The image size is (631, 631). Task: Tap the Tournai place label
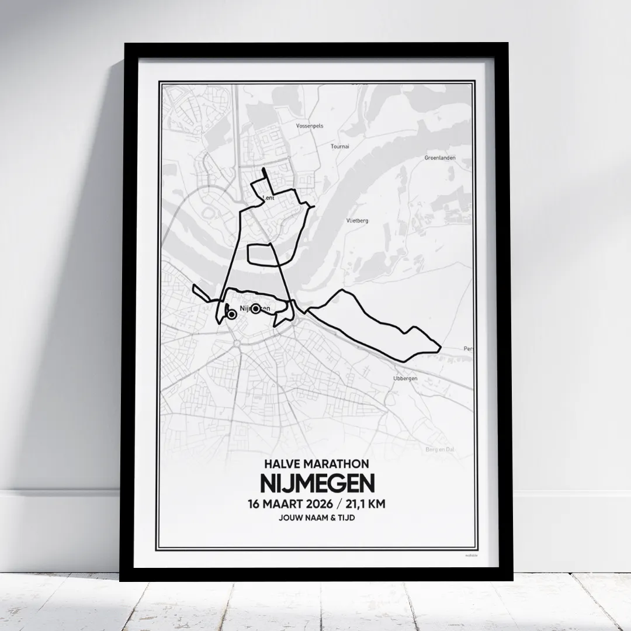click(x=340, y=147)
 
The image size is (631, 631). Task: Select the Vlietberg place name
click(x=356, y=220)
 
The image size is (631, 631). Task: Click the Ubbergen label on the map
click(x=405, y=379)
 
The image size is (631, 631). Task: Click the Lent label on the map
click(x=270, y=198)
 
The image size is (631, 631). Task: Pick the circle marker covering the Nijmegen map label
click(x=255, y=308)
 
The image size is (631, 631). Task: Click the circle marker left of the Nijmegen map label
click(x=231, y=314)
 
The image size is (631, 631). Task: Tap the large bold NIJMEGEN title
click(x=315, y=484)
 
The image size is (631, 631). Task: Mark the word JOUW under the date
click(x=292, y=518)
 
